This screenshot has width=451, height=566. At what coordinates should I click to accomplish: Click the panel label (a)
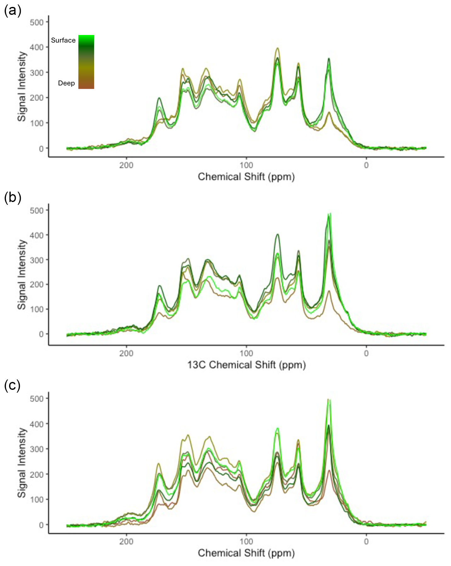click(13, 11)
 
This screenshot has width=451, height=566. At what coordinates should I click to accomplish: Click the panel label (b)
click(13, 198)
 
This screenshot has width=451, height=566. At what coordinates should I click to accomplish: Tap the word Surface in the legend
click(63, 40)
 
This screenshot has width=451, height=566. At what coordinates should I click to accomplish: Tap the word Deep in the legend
click(66, 83)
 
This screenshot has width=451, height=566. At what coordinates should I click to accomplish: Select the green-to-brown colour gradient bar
click(86, 62)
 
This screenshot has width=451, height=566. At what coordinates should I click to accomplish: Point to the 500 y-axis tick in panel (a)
click(37, 22)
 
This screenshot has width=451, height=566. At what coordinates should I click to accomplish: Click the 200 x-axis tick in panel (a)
click(126, 165)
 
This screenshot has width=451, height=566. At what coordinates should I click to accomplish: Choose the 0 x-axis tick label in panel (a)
click(366, 165)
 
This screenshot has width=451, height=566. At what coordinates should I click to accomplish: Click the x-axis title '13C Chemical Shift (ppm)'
click(246, 365)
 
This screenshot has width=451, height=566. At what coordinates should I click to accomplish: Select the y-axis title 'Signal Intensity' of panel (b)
click(22, 274)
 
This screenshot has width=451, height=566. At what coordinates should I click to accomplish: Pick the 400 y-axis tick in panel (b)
click(37, 235)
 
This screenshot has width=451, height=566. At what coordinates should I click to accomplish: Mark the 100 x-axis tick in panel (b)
click(246, 353)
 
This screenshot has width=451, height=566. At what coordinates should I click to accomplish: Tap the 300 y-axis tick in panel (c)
click(37, 449)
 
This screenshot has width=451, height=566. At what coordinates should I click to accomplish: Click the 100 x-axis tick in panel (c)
click(246, 542)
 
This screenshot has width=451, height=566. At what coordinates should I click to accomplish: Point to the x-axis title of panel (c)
click(246, 553)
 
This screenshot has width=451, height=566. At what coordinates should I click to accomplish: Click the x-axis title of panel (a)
click(246, 177)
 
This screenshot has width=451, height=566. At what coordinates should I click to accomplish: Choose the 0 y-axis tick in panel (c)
click(41, 525)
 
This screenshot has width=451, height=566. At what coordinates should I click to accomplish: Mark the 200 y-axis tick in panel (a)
click(37, 98)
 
